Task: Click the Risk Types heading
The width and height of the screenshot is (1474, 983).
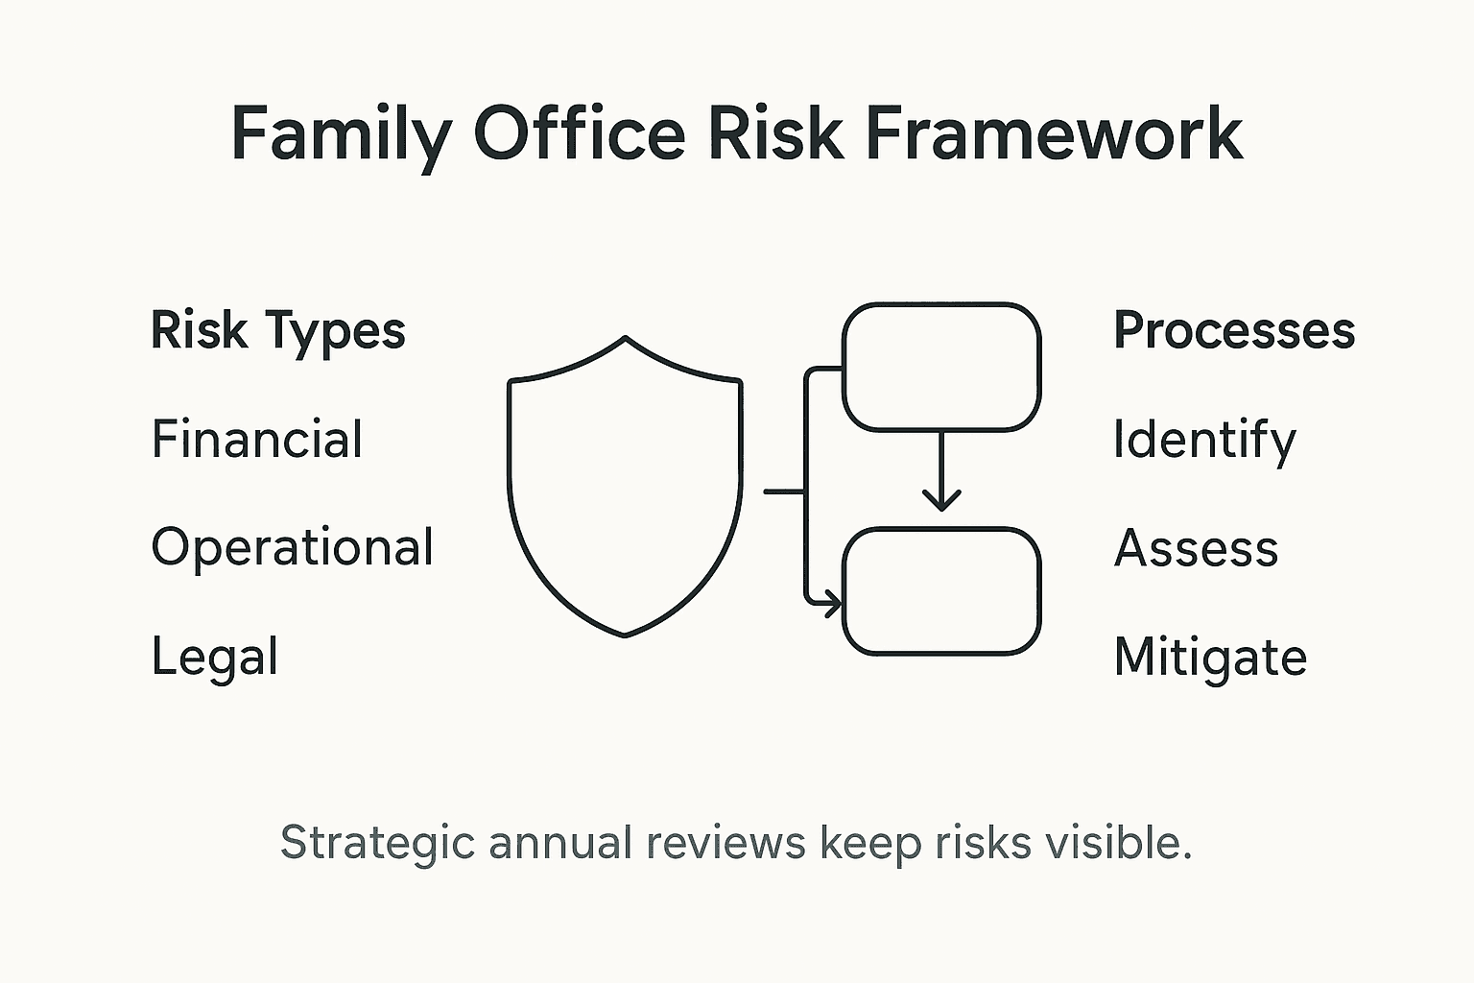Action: tap(278, 332)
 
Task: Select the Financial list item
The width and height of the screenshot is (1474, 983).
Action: tap(257, 440)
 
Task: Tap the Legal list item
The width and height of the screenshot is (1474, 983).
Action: tap(215, 658)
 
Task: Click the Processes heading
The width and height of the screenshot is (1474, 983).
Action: tap(1234, 331)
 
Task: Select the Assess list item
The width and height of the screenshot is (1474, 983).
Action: tap(1197, 549)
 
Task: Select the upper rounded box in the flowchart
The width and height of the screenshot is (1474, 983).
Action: tap(940, 367)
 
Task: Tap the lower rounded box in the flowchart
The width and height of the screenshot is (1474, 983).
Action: tap(940, 591)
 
